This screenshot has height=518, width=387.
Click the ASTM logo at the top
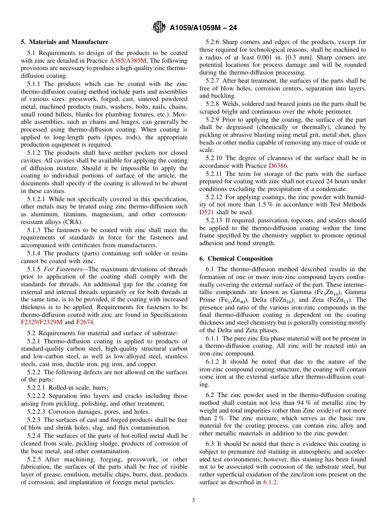pyautogui.click(x=159, y=27)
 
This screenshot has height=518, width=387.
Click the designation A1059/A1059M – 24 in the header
pyautogui.click(x=203, y=28)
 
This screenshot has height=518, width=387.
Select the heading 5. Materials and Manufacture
pyautogui.click(x=65, y=42)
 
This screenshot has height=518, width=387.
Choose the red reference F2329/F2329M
pyautogui.click(x=42, y=322)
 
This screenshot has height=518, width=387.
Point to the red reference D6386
pyautogui.click(x=278, y=166)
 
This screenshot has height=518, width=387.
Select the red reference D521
pyautogui.click(x=207, y=212)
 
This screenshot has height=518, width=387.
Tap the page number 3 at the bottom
pyautogui.click(x=193, y=500)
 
